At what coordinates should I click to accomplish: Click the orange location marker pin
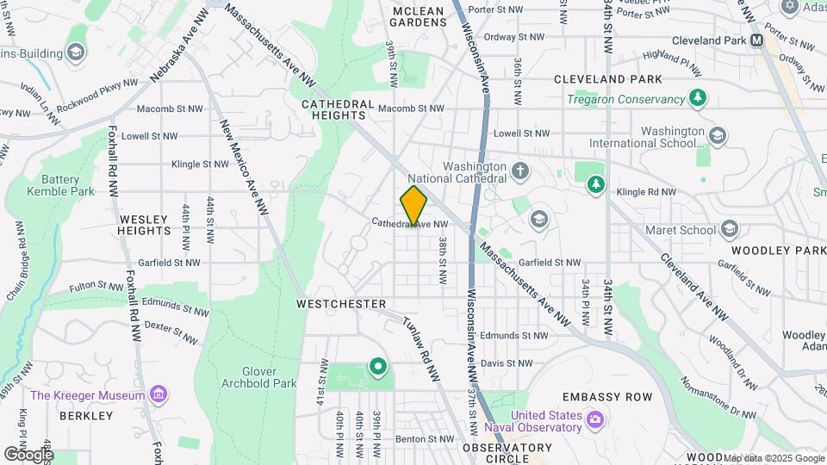click(x=414, y=205)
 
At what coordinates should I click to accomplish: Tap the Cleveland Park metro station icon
click(x=756, y=40)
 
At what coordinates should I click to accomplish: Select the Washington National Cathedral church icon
click(x=519, y=170)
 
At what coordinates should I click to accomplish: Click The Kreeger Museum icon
click(x=159, y=395)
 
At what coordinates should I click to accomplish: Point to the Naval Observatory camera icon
click(x=594, y=419)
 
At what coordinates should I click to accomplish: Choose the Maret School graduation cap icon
click(x=731, y=229)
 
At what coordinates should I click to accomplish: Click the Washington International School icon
click(x=717, y=135)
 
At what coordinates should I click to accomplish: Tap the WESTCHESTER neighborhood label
click(x=341, y=304)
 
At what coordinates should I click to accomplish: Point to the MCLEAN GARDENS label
click(x=418, y=17)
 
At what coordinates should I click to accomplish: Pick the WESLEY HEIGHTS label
click(x=145, y=226)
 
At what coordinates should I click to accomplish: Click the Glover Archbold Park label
click(x=247, y=377)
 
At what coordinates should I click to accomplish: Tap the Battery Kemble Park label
click(x=61, y=185)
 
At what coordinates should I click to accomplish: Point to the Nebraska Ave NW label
click(x=179, y=48)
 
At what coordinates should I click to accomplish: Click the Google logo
click(x=28, y=454)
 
